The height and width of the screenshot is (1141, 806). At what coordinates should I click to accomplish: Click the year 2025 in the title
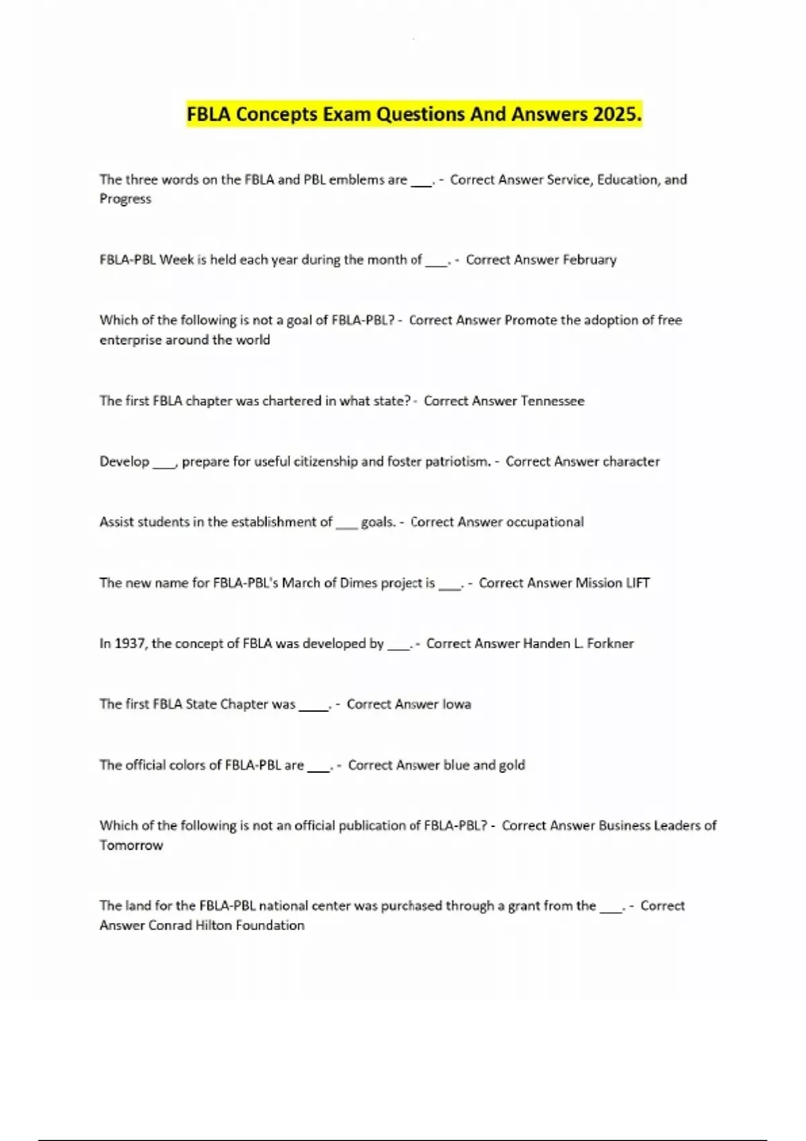(x=617, y=114)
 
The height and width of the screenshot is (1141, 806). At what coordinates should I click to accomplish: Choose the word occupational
(x=544, y=522)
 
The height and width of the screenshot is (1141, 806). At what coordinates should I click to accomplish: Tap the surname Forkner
(x=610, y=643)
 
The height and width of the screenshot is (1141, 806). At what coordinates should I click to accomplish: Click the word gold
(x=512, y=764)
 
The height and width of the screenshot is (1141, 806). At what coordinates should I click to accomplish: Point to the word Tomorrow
(x=131, y=845)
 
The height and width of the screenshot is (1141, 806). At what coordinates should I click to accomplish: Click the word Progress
(x=125, y=199)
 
